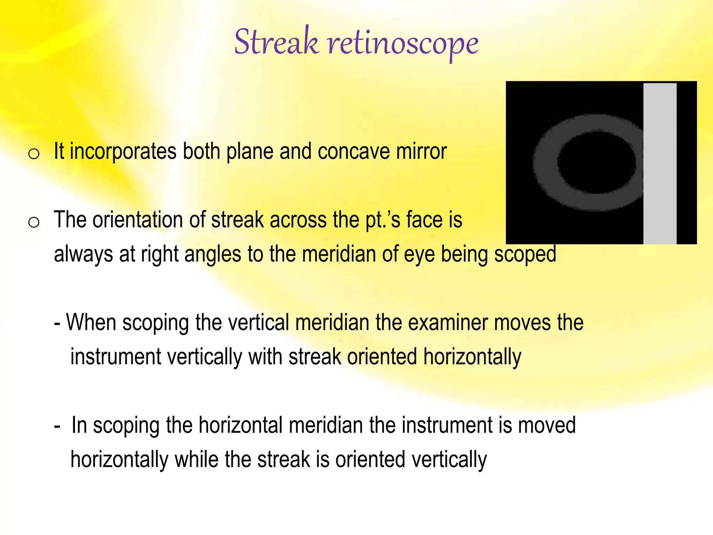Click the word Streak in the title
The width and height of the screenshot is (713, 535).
(276, 42)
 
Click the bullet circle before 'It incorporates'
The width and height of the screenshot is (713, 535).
(34, 154)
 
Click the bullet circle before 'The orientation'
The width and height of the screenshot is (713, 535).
(34, 222)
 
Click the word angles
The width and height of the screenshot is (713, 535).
(212, 255)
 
